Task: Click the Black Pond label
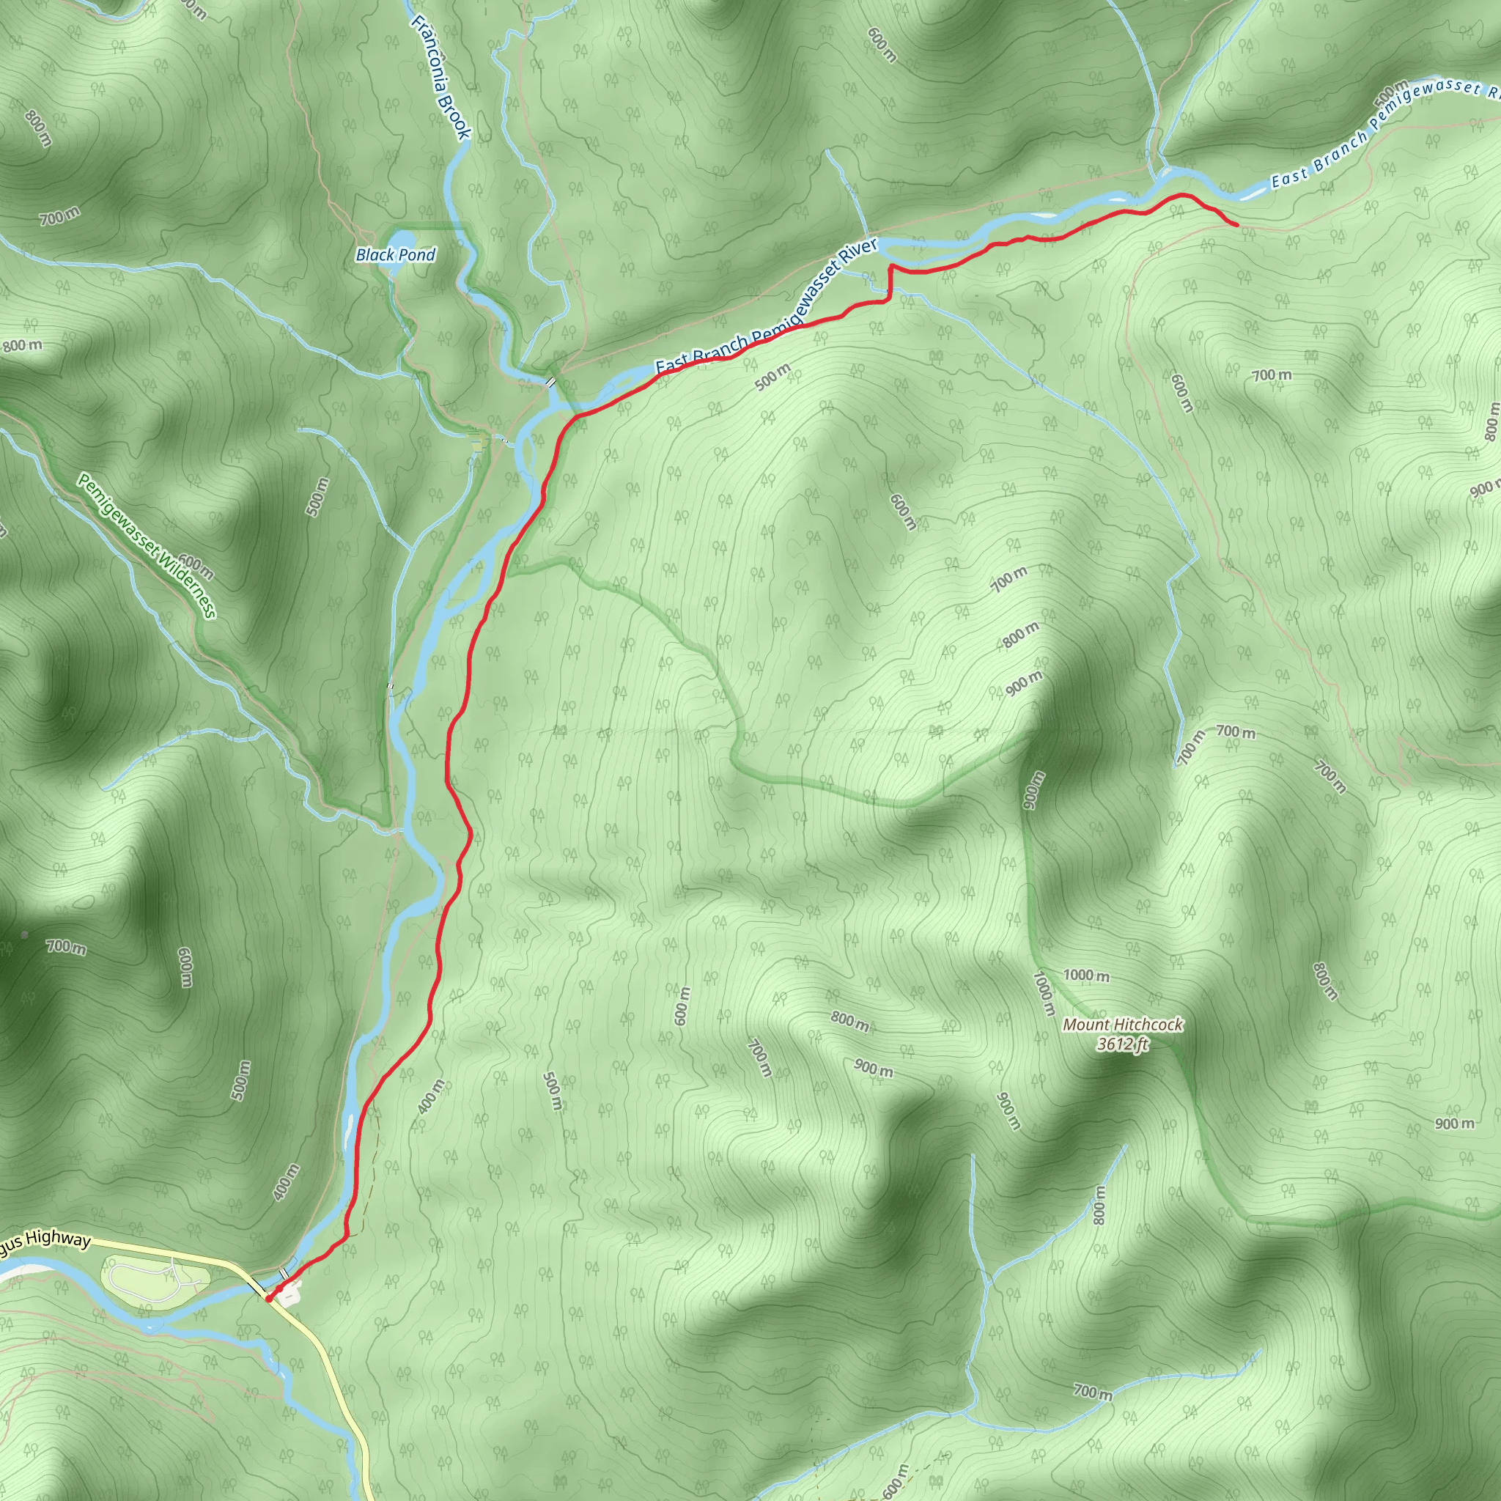tap(396, 255)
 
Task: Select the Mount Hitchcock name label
tap(1123, 1025)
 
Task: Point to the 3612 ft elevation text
tap(1122, 1044)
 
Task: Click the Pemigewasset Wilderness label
tap(146, 546)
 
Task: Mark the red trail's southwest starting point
tap(268, 1298)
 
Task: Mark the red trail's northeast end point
tap(1237, 225)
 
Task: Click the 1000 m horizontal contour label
tap(1086, 975)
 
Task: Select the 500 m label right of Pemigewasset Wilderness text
tap(317, 497)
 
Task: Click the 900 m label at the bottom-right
tap(1454, 1124)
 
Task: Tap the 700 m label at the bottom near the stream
tap(1092, 1392)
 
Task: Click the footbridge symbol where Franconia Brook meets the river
tap(550, 383)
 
